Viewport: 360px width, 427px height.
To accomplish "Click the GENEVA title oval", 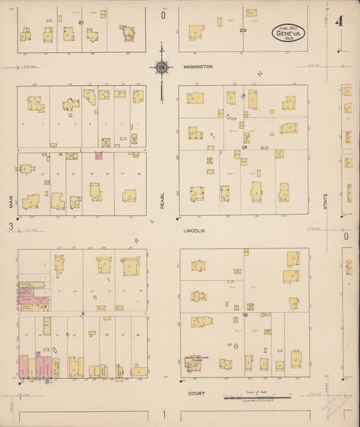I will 289,32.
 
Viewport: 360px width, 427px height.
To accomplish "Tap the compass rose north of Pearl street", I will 161,67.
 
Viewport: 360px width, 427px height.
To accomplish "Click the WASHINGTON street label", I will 198,67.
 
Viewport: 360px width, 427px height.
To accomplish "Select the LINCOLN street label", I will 193,230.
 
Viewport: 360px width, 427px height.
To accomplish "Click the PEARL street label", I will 162,201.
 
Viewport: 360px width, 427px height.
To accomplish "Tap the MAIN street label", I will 11,201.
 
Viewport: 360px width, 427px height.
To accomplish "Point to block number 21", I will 80,23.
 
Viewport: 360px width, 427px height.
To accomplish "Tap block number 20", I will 242,30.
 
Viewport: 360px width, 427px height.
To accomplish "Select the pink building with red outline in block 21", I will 127,32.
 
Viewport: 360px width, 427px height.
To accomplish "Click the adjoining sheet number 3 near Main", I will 11,227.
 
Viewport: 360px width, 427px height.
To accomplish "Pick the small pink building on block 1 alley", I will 99,155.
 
